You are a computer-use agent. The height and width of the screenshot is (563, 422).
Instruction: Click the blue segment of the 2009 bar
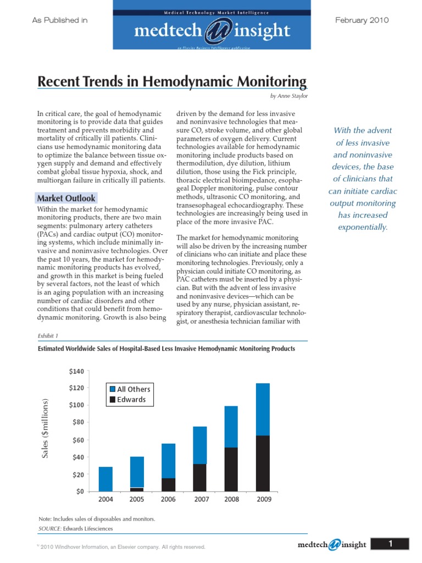[x=263, y=409]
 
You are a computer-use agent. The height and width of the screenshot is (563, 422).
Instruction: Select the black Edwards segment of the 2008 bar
[x=231, y=469]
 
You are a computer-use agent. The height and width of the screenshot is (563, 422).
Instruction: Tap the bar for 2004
[x=105, y=478]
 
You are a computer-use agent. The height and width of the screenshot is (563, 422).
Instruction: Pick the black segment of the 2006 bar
[x=168, y=484]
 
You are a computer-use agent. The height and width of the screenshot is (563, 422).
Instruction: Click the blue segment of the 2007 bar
[x=199, y=445]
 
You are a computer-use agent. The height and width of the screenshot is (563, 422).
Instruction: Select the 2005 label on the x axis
[x=137, y=500]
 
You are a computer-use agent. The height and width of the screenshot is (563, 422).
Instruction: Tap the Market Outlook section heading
[x=66, y=198]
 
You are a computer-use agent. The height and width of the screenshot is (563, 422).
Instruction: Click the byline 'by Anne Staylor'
[x=288, y=96]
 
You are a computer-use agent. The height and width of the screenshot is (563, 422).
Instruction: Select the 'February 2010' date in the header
[x=362, y=20]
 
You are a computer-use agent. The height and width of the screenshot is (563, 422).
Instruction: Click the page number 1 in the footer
[x=390, y=544]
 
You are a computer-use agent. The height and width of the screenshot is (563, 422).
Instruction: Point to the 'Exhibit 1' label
[x=48, y=335]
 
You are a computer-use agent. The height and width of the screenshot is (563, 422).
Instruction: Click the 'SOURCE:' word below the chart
[x=49, y=528]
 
